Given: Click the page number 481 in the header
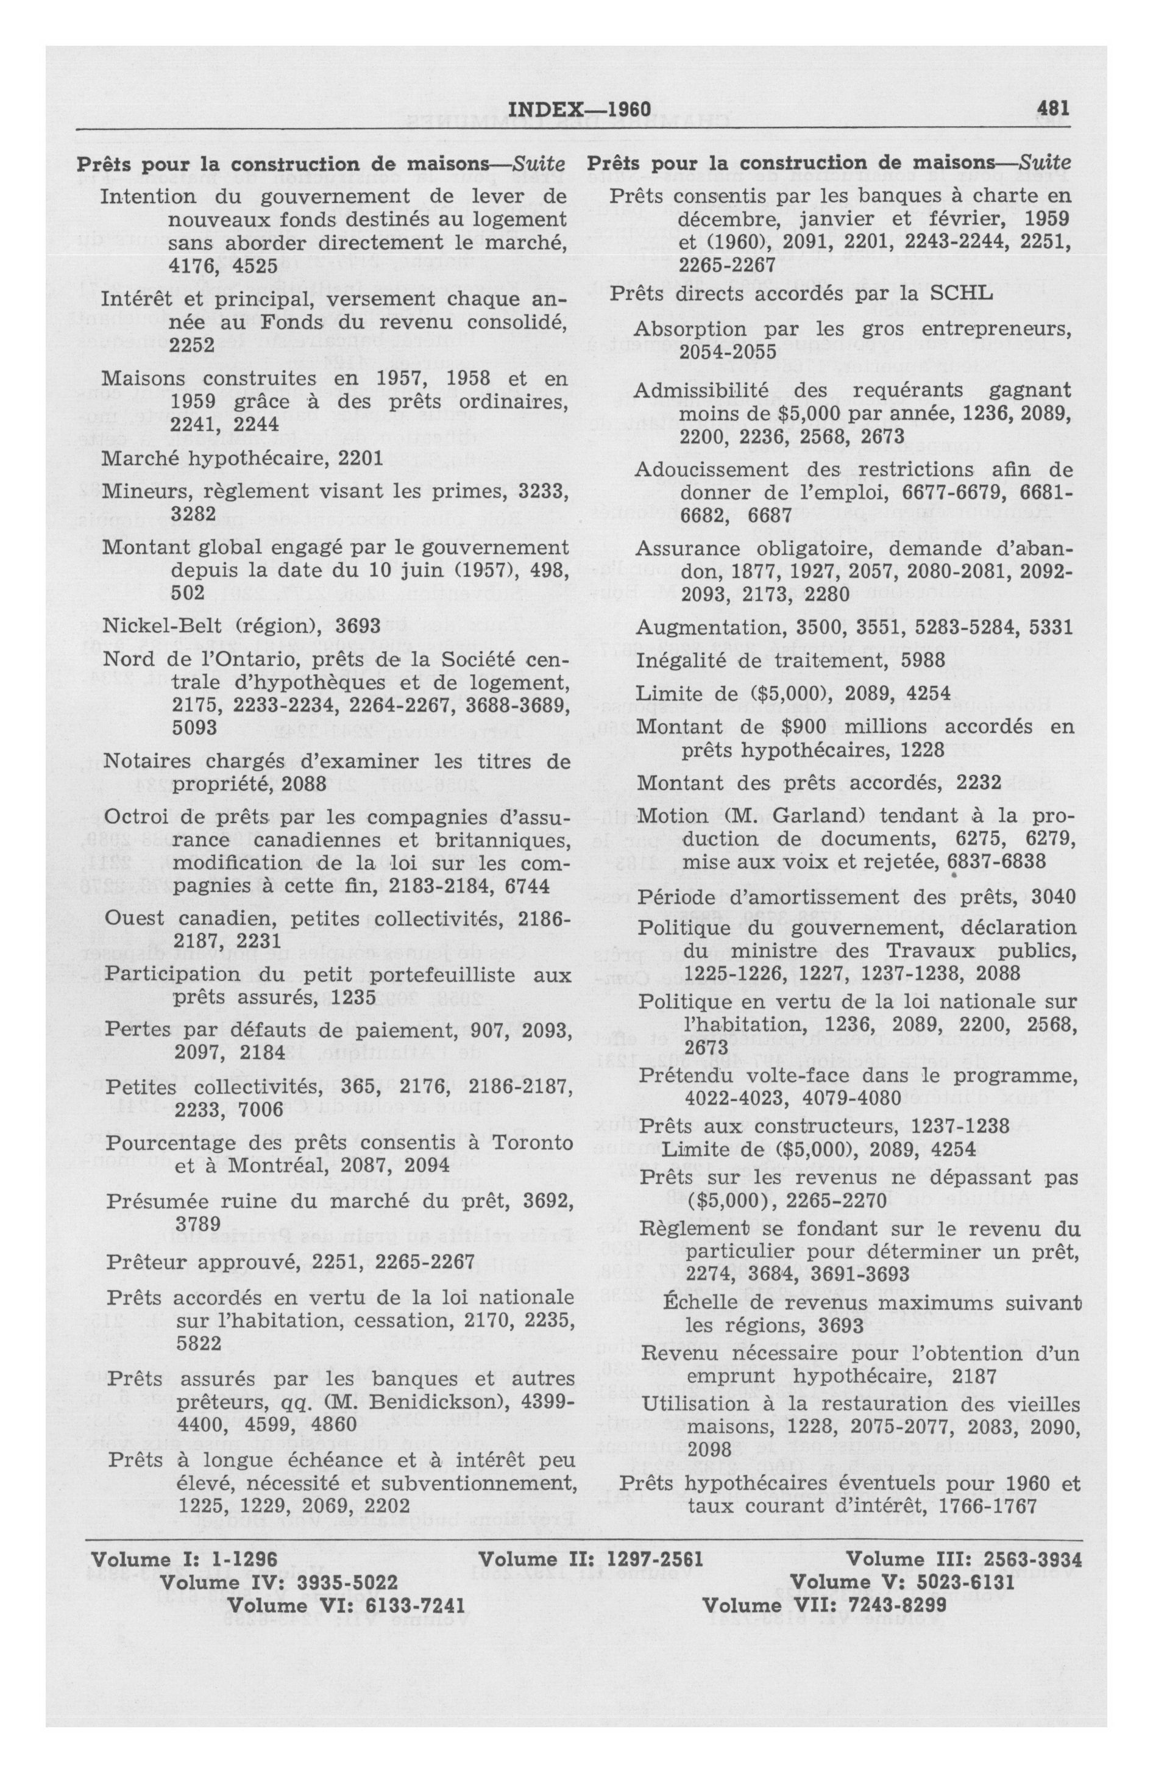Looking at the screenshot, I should click(x=1052, y=109).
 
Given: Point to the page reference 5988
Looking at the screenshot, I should click(x=921, y=660).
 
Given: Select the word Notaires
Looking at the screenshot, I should click(x=137, y=761).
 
